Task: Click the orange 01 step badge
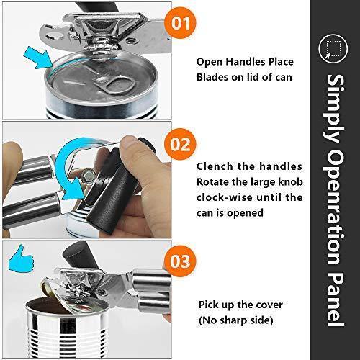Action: tap(180, 23)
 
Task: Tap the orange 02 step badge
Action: tap(180, 144)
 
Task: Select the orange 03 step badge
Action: tap(180, 261)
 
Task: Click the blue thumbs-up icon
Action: tap(21, 258)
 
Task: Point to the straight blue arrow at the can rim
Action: tap(38, 58)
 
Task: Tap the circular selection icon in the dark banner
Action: tap(333, 49)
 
